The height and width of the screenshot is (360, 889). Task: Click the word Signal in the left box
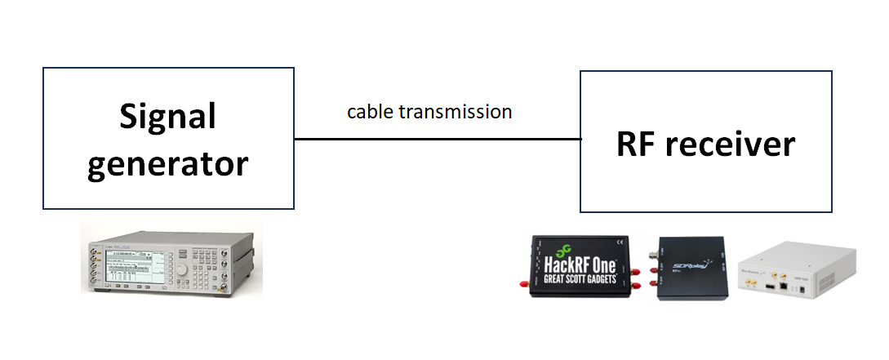(x=168, y=117)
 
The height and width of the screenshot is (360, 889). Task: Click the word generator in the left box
(x=168, y=163)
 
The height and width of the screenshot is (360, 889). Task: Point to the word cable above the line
(x=370, y=111)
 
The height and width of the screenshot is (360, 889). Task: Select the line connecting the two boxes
(x=437, y=140)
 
